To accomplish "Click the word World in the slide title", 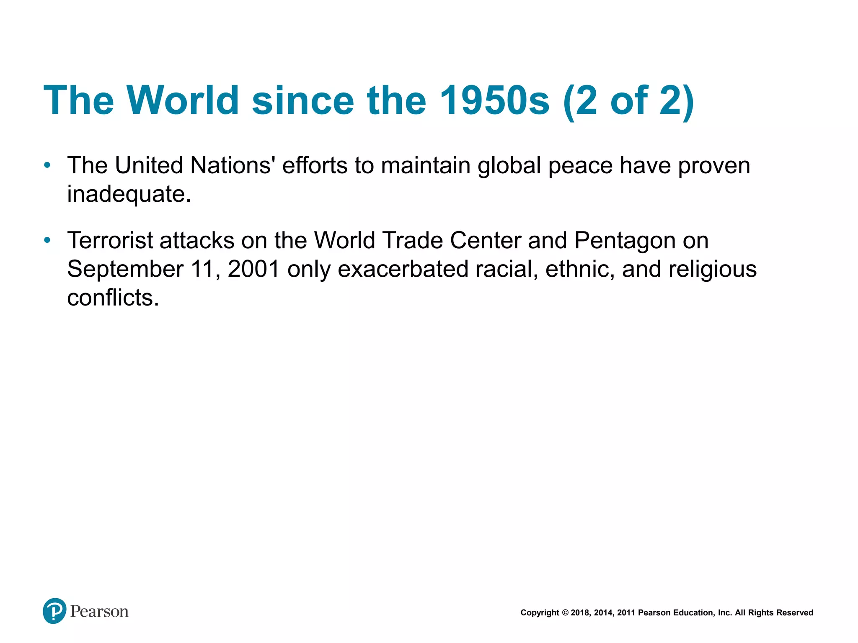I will coord(183,100).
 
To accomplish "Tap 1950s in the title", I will coord(494,100).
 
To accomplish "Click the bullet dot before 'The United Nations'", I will coord(47,166).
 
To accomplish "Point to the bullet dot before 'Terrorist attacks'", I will coord(47,241).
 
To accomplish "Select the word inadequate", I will coord(129,194).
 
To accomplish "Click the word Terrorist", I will coord(110,241).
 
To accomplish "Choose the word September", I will coord(125,269).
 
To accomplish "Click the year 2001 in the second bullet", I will coord(254,269).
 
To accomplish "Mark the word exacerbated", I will coord(403,269).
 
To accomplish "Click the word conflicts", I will coord(113,298).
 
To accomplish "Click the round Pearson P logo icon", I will coord(54,611).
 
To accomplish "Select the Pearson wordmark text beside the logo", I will coord(99,612).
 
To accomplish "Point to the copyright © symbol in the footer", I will coord(565,613).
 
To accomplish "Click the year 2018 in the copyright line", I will coord(580,613).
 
